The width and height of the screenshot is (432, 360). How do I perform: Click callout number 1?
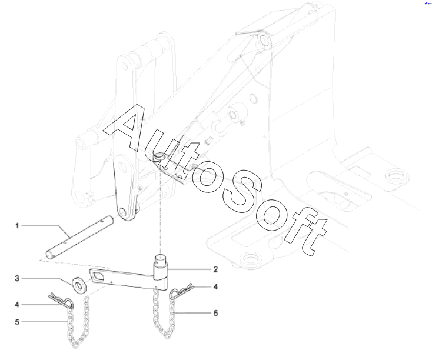point(18,225)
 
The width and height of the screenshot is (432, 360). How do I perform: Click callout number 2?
point(215,269)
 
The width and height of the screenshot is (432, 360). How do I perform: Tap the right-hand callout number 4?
point(215,287)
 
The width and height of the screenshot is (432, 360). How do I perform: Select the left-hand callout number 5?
point(18,322)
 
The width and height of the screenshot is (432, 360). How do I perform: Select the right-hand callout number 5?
point(215,314)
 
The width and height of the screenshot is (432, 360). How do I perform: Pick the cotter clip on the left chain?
point(63,301)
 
